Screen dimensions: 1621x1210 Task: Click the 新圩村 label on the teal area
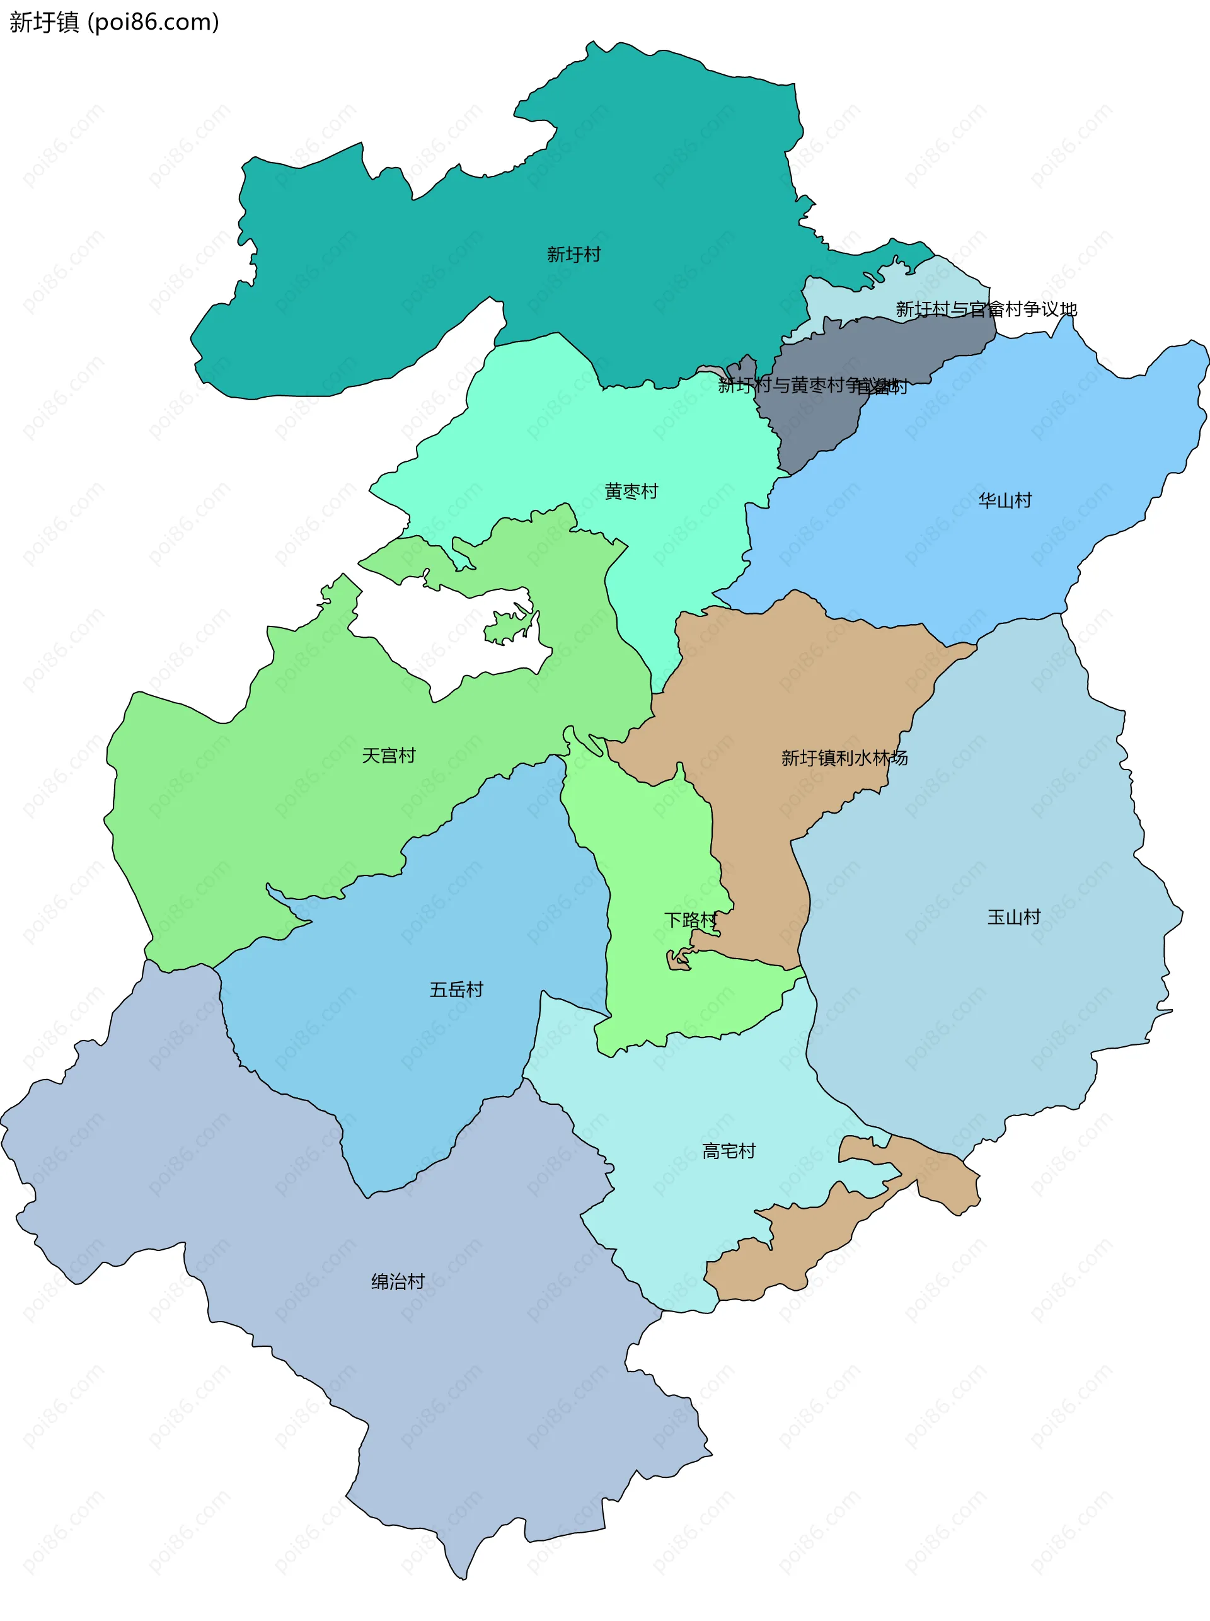pyautogui.click(x=573, y=254)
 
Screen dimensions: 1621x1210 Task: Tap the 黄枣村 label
pyautogui.click(x=631, y=491)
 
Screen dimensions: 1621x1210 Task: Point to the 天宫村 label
pyautogui.click(x=388, y=755)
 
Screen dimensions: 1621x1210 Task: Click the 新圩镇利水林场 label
pyautogui.click(x=844, y=758)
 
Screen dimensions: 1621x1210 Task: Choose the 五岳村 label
pyautogui.click(x=456, y=989)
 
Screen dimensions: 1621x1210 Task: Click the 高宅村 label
pyautogui.click(x=728, y=1151)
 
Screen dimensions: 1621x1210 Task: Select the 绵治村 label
pyautogui.click(x=398, y=1281)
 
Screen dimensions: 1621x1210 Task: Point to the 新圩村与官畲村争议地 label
pyautogui.click(x=986, y=309)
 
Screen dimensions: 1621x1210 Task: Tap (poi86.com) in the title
pyautogui.click(x=153, y=23)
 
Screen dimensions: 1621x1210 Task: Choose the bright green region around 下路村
pyautogui.click(x=652, y=864)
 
